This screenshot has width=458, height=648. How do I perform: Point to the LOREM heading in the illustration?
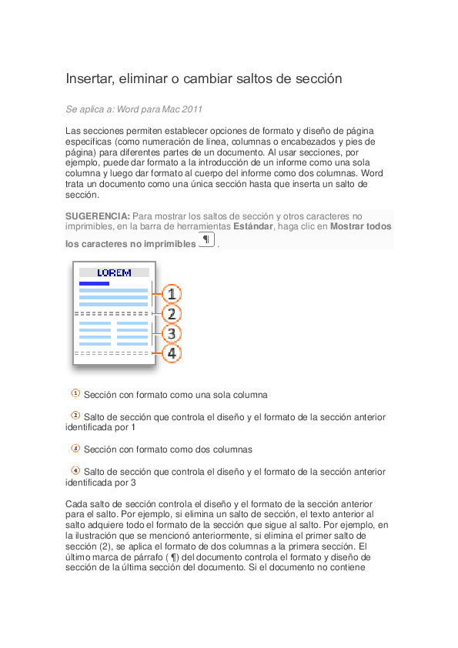coord(114,272)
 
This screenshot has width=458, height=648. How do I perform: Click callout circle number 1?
coord(172,294)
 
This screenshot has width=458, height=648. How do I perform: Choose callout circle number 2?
coord(172,314)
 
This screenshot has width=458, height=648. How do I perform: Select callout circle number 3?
coord(172,334)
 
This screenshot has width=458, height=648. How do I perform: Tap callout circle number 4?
coord(172,353)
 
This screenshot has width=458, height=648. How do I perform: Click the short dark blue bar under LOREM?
coord(94,283)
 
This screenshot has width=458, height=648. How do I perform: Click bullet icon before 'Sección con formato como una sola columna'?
coord(75,393)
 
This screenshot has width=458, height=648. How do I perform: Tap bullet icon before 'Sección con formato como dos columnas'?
coord(75,448)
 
